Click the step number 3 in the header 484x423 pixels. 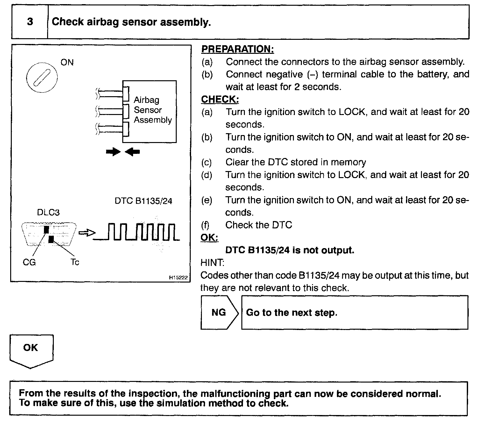coord(30,22)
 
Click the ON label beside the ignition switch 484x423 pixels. coord(67,62)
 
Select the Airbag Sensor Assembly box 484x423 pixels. coord(150,111)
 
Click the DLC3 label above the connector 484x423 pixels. coord(48,212)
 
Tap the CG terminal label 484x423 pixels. coord(29,262)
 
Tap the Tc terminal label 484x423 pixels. coord(75,262)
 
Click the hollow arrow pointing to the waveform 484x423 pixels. coord(87,233)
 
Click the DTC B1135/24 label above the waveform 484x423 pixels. coord(143,201)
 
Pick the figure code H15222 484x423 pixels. coord(178,277)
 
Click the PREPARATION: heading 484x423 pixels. coord(238,49)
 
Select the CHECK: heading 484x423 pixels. coord(220,99)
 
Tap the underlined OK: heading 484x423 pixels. coord(209,238)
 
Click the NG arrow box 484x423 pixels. coord(219,312)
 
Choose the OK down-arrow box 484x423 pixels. coord(31,350)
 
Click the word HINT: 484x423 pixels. coord(212,263)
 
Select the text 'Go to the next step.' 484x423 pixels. coord(291,312)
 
